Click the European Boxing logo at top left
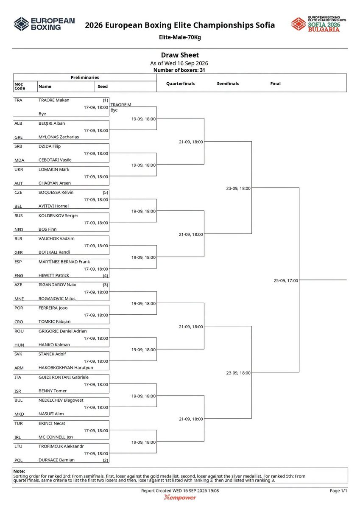coord(44,24)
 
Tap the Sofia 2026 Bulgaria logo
coord(319,24)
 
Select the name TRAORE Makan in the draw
coord(54,100)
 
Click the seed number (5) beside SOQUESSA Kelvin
coord(106,193)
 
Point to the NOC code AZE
coord(18,285)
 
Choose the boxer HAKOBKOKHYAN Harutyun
coord(66,368)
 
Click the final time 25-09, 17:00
coord(286,281)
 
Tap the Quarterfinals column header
coord(180,84)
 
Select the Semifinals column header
coord(228,84)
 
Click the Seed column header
coord(103,87)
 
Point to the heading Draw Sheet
coord(180,55)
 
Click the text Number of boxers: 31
coord(179,70)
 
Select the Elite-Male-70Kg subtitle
coord(180,37)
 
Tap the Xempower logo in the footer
coord(180,498)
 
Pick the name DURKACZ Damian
coord(56,460)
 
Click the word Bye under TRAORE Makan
coord(42,114)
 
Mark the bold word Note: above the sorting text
coord(19,471)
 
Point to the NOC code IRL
coord(17,437)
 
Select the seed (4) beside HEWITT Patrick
coord(106,276)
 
